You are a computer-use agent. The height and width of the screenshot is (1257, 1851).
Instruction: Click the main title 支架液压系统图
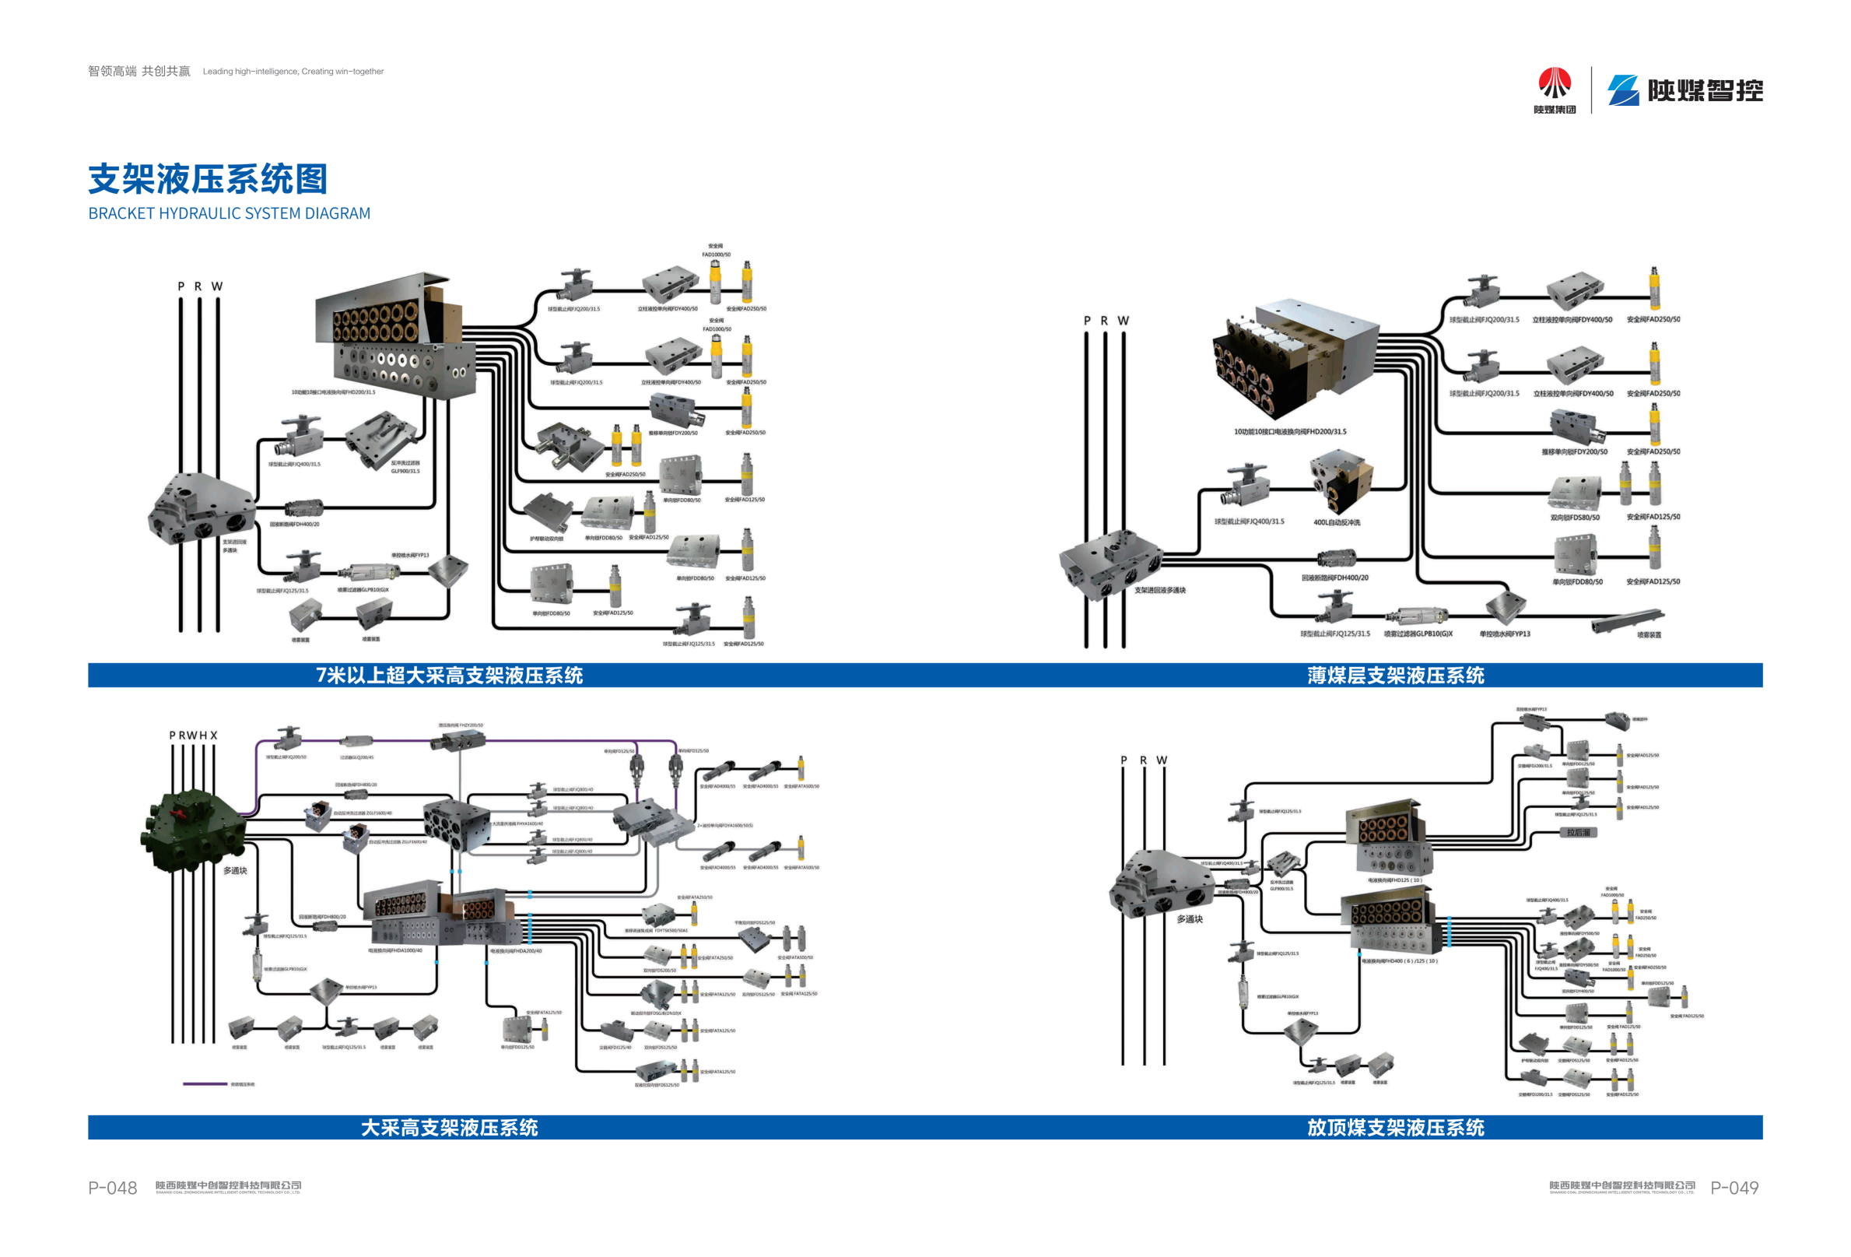click(x=207, y=179)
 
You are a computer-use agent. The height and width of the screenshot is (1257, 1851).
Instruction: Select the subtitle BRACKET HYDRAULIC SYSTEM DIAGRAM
click(x=230, y=213)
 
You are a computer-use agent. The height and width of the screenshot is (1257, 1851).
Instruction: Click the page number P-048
click(x=112, y=1188)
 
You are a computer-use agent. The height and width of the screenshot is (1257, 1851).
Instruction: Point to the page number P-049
click(x=1734, y=1188)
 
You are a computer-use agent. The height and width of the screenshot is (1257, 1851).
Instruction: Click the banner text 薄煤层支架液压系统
click(x=1395, y=676)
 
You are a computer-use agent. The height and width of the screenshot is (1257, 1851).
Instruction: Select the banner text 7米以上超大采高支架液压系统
click(x=449, y=676)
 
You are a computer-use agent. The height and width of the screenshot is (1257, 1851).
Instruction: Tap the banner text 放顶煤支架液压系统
click(x=1395, y=1127)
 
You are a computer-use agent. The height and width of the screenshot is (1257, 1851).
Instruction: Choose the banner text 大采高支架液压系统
click(x=449, y=1127)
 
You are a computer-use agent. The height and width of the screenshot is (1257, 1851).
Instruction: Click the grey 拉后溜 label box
click(x=1578, y=833)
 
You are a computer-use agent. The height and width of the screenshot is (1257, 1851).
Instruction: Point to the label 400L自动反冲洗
click(x=1337, y=522)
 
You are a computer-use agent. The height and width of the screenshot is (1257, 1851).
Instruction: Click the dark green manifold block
click(x=195, y=828)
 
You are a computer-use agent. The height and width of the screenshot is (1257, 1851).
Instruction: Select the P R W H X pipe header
click(x=193, y=736)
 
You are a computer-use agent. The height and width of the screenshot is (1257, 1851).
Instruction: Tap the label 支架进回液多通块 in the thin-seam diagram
click(x=1159, y=590)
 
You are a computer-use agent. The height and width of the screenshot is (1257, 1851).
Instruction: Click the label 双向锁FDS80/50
click(x=1575, y=518)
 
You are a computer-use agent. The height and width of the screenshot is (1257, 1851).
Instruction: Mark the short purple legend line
click(x=205, y=1084)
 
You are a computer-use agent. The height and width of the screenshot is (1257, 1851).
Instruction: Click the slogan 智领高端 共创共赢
click(x=139, y=72)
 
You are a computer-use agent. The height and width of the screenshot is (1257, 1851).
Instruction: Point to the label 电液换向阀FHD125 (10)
click(x=1394, y=880)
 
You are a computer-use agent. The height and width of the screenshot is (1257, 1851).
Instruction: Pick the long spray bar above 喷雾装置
click(x=1627, y=619)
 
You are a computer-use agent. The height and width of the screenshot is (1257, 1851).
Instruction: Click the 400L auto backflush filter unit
click(x=1341, y=479)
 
